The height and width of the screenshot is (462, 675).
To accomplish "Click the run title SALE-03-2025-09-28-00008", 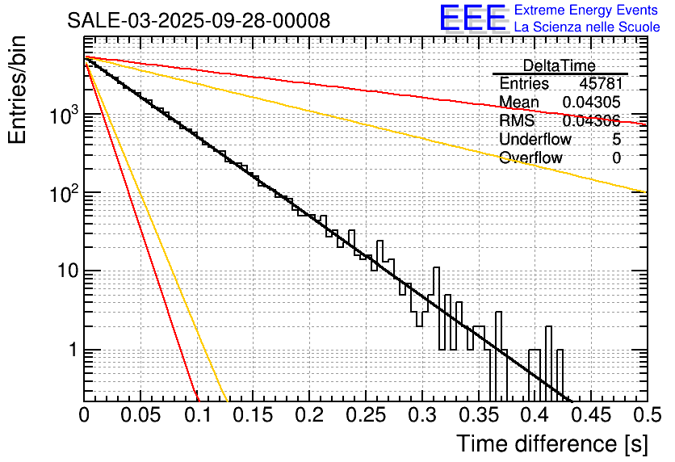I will (199, 21).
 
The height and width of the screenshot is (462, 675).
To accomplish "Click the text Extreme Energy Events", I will (587, 10).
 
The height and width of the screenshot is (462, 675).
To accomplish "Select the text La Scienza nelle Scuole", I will (587, 27).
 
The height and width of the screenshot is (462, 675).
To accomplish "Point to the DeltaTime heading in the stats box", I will (559, 65).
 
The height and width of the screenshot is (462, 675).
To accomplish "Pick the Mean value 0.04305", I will (591, 103).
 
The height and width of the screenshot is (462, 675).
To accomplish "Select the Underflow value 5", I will (616, 139).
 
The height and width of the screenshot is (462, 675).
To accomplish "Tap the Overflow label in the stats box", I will (530, 157).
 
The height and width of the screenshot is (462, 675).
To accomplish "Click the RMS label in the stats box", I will (517, 121).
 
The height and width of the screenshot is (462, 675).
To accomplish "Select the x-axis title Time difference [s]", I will (552, 443).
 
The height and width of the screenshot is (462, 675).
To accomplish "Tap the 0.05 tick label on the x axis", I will (140, 415).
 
